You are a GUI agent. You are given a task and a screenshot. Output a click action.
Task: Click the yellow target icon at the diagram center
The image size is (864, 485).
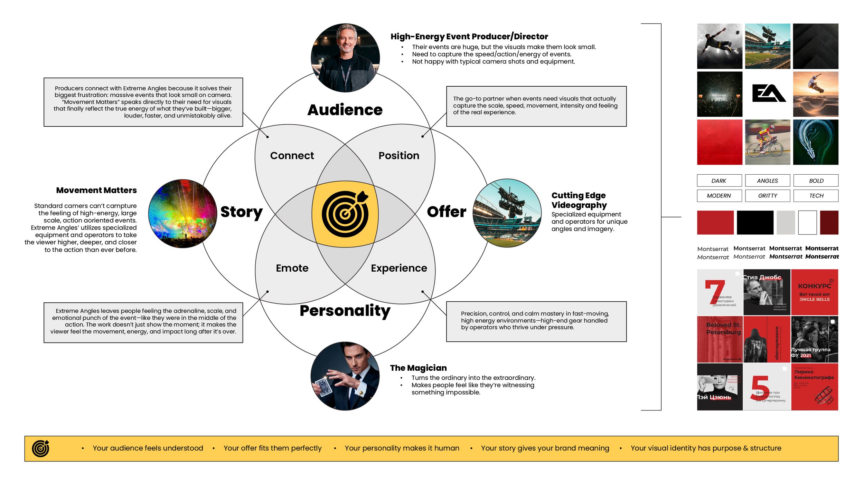pyautogui.click(x=345, y=214)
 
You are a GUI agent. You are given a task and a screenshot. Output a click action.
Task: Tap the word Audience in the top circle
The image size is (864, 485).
pyautogui.click(x=345, y=110)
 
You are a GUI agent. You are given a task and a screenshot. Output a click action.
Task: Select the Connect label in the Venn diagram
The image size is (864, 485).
pyautogui.click(x=292, y=156)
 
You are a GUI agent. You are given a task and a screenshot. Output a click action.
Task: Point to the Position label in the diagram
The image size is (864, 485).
pyautogui.click(x=399, y=156)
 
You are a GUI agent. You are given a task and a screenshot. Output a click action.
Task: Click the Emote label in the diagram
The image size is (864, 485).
pyautogui.click(x=292, y=268)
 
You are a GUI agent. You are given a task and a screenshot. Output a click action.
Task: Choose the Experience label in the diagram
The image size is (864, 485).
pyautogui.click(x=399, y=268)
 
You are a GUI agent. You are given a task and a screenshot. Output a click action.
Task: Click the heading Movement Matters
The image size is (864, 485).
pyautogui.click(x=96, y=190)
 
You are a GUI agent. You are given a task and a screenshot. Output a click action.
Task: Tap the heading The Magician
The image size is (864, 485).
pyautogui.click(x=418, y=368)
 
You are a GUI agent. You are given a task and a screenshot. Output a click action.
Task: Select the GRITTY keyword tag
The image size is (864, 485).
pyautogui.click(x=767, y=196)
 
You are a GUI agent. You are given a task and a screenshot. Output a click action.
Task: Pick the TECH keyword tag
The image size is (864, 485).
pyautogui.click(x=816, y=196)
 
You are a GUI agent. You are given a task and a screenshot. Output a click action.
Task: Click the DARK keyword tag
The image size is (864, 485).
pyautogui.click(x=719, y=181)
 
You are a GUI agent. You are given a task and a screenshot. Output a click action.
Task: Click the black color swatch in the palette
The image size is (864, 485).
pyautogui.click(x=755, y=223)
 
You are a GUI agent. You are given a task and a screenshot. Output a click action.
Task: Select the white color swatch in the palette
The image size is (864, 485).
pyautogui.click(x=807, y=223)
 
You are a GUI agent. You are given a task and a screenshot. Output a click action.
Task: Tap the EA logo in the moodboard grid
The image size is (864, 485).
pyautogui.click(x=768, y=94)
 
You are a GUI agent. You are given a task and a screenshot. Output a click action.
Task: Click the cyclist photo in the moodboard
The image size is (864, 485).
pyautogui.click(x=767, y=142)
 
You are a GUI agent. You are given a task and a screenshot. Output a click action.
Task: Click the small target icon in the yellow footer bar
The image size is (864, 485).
pyautogui.click(x=40, y=448)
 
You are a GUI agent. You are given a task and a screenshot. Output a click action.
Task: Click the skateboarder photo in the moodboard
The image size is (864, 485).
pyautogui.click(x=815, y=94)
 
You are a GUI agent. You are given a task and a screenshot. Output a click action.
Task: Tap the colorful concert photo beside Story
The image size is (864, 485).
pyautogui.click(x=182, y=214)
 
